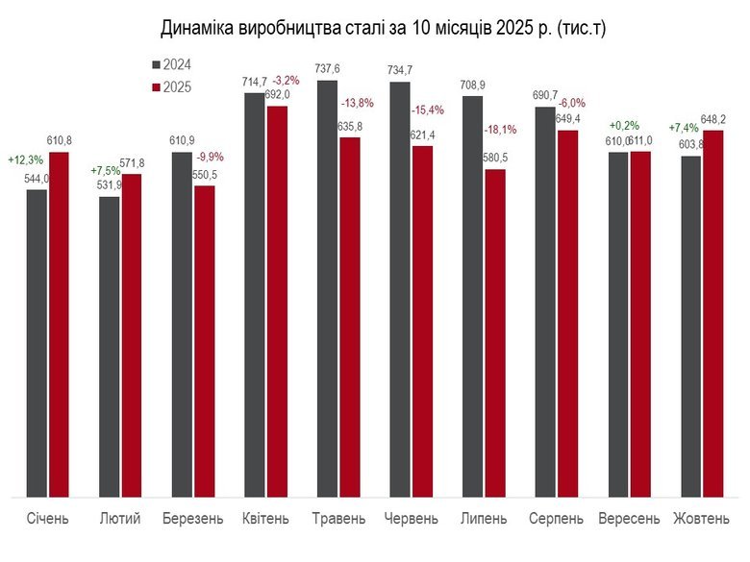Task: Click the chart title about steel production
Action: coord(383,29)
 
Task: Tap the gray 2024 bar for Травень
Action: coord(327,288)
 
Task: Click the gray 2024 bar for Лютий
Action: coord(110,346)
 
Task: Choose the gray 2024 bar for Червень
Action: coord(399,289)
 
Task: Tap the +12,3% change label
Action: coord(23,159)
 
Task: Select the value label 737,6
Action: coord(328,68)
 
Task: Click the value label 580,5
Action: coord(496,158)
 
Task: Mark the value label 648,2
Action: coord(713,119)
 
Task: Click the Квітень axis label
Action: coord(265,519)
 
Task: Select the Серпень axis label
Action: coord(556,519)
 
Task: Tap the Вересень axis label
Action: coord(629,519)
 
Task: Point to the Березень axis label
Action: coord(193,519)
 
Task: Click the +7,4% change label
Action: coord(684,128)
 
